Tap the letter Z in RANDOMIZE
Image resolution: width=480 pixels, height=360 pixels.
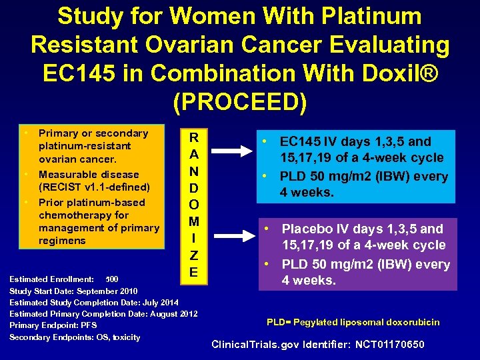(x=193, y=254)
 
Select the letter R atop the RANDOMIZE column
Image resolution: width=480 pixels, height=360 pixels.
(x=193, y=138)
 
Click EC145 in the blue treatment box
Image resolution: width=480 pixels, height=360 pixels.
(x=300, y=141)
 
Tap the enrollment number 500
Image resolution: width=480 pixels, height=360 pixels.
(x=112, y=278)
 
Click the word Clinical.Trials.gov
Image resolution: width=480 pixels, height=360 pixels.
(x=248, y=345)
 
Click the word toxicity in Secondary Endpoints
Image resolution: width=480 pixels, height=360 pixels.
(x=126, y=337)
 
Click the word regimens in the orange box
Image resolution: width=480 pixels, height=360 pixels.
(x=63, y=240)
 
